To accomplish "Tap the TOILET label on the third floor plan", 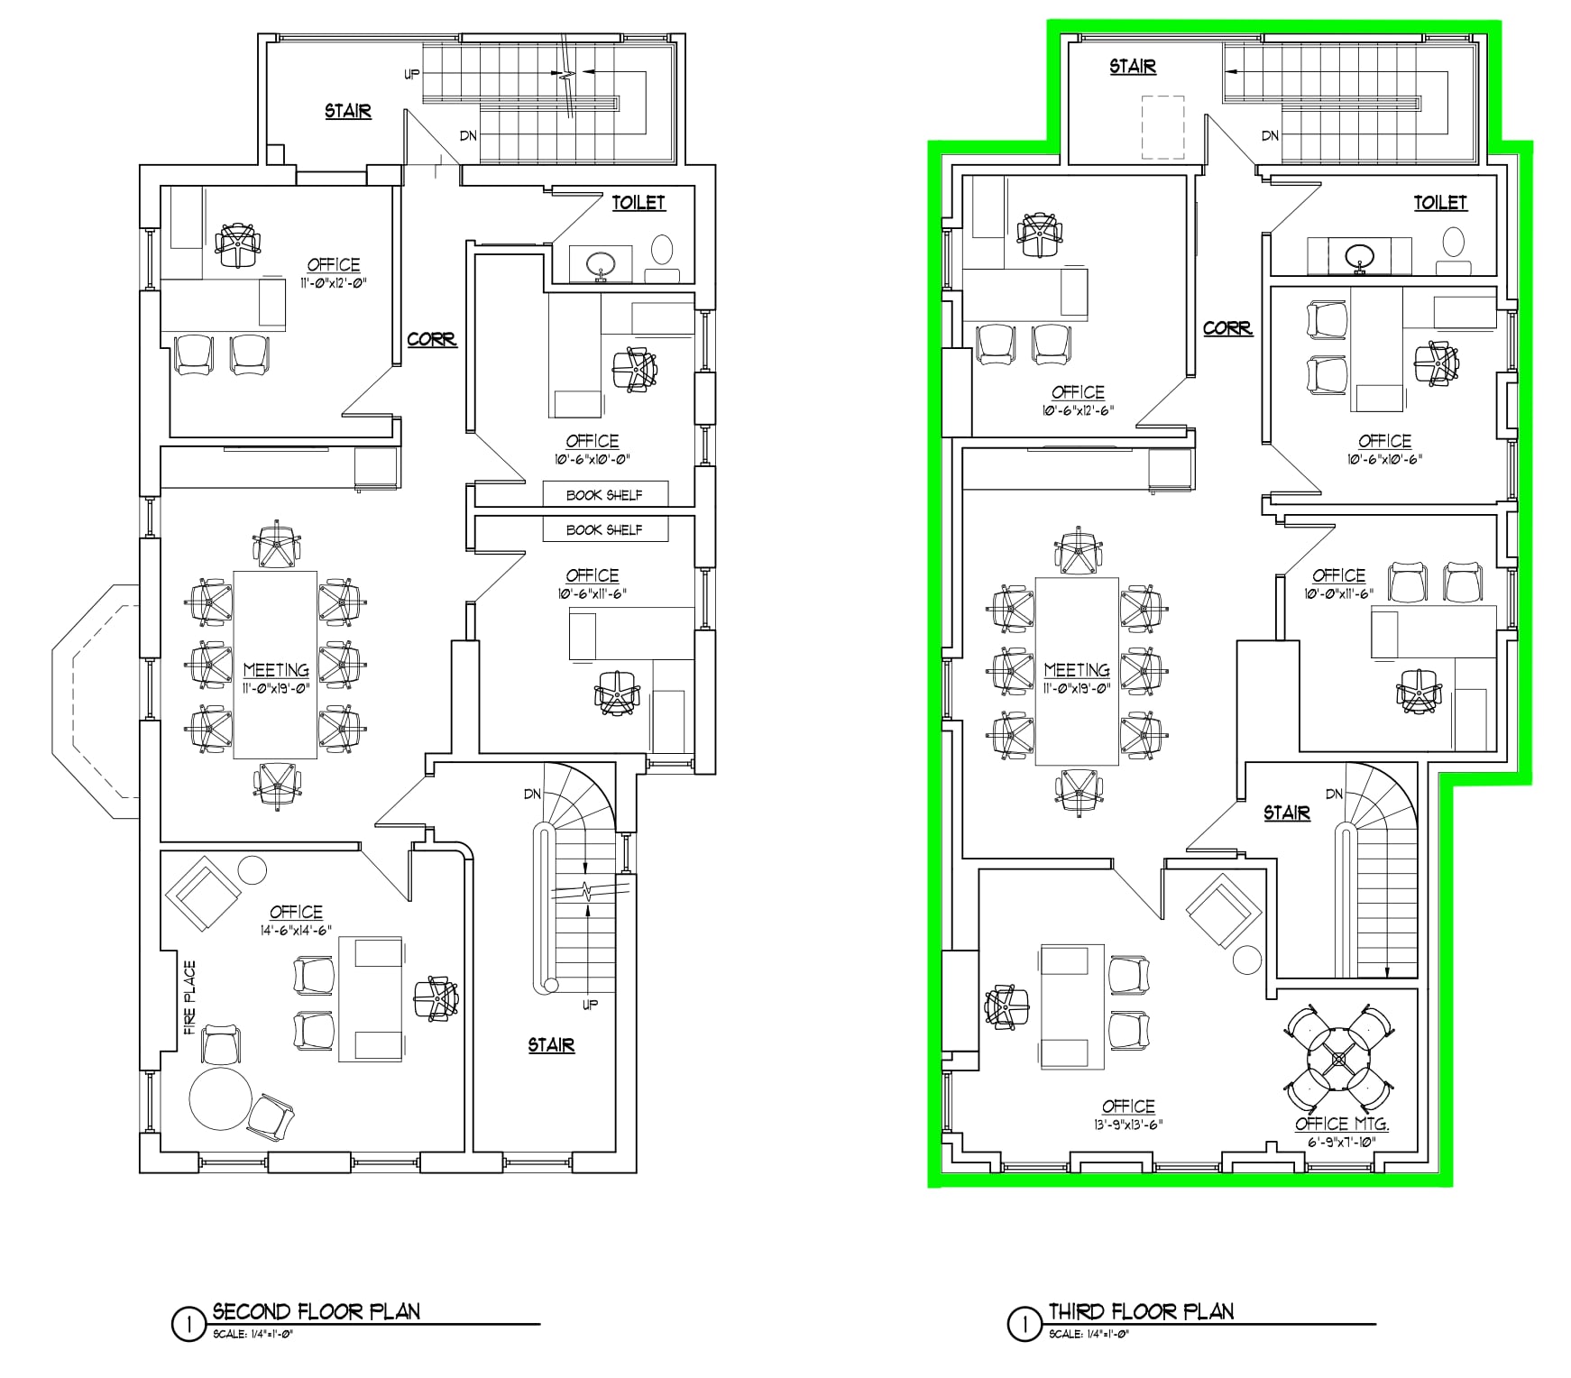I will [1439, 203].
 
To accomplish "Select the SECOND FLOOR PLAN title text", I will [317, 1311].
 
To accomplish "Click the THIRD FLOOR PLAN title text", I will [1141, 1311].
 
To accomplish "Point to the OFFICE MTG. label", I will [1341, 1124].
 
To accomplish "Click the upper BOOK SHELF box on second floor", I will [604, 495].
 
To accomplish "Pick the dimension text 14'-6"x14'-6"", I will [296, 930].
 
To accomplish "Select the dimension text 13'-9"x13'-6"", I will [1127, 1125].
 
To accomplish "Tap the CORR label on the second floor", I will [431, 340].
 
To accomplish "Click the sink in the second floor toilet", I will [601, 264].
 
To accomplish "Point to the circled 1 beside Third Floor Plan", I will [1024, 1325].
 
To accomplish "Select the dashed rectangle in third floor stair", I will [1162, 126].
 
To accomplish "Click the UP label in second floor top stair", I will [411, 75].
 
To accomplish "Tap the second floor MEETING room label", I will [276, 670].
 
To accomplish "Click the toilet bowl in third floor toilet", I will [1453, 241].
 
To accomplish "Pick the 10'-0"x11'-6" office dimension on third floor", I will [1338, 593].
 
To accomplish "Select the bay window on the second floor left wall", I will [95, 702].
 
